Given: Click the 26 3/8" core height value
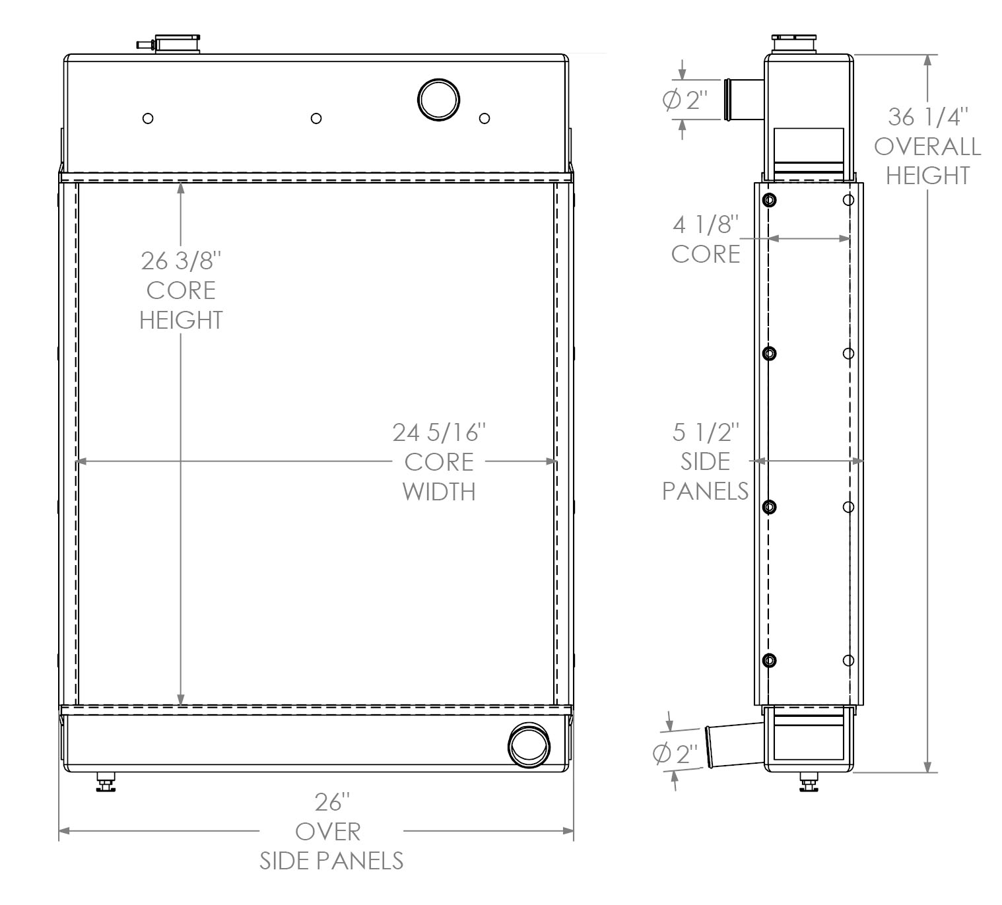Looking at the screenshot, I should [x=180, y=261].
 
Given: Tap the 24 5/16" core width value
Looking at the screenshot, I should [x=439, y=432].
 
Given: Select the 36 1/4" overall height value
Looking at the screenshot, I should [x=927, y=117].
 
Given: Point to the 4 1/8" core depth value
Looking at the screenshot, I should [x=704, y=225].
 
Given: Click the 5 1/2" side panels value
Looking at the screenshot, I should [x=706, y=432].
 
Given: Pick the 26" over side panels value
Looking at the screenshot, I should [x=331, y=803].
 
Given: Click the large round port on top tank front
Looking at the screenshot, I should [x=438, y=100].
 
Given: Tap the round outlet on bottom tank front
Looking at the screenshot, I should [x=528, y=745].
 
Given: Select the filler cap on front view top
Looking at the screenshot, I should [x=176, y=44].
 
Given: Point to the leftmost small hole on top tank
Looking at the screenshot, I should [x=149, y=118].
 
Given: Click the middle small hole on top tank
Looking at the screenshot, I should [x=316, y=118].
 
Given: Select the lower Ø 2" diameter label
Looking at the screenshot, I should [x=675, y=753].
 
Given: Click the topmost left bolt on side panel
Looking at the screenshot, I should [x=770, y=200].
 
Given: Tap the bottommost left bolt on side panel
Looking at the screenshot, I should [x=770, y=660].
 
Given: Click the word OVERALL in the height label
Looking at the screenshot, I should [x=927, y=146].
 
